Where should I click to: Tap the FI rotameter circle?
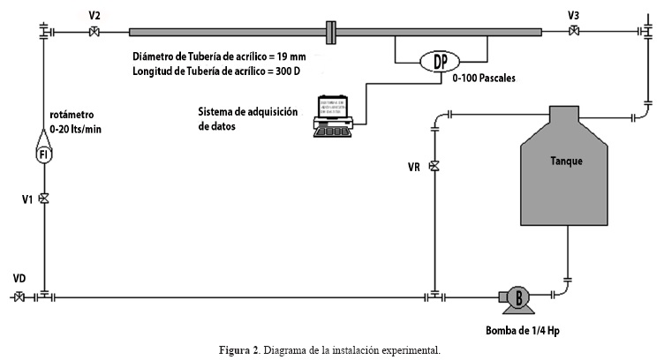43,154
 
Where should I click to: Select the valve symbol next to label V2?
94,33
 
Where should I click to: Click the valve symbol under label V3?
574,33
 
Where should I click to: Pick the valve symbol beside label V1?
43,199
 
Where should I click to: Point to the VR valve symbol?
434,166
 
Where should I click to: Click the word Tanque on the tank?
566,161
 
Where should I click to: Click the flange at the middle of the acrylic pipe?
329,33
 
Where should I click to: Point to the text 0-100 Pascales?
483,79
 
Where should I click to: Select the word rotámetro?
72,115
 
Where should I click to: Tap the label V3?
574,15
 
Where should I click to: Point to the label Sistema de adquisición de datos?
248,118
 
